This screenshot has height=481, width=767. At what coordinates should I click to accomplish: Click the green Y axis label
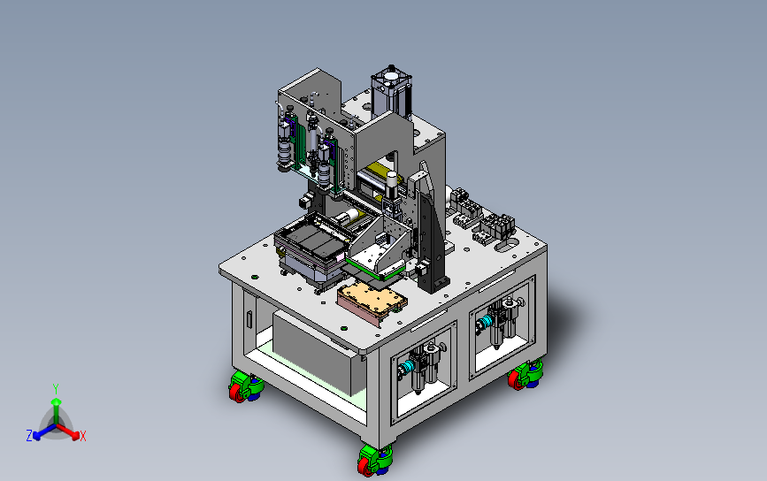coord(56,389)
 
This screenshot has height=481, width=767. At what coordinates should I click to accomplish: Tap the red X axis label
coord(82,436)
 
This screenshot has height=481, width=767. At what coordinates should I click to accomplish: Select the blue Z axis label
coord(29,436)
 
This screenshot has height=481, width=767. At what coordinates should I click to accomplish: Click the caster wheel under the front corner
coord(375,460)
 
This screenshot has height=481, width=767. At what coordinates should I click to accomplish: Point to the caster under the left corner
coord(246,386)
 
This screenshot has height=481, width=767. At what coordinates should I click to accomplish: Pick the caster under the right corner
coord(525,375)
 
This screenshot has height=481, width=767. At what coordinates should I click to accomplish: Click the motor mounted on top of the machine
coord(391,93)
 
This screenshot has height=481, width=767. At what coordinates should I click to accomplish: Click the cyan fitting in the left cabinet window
coord(406,368)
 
